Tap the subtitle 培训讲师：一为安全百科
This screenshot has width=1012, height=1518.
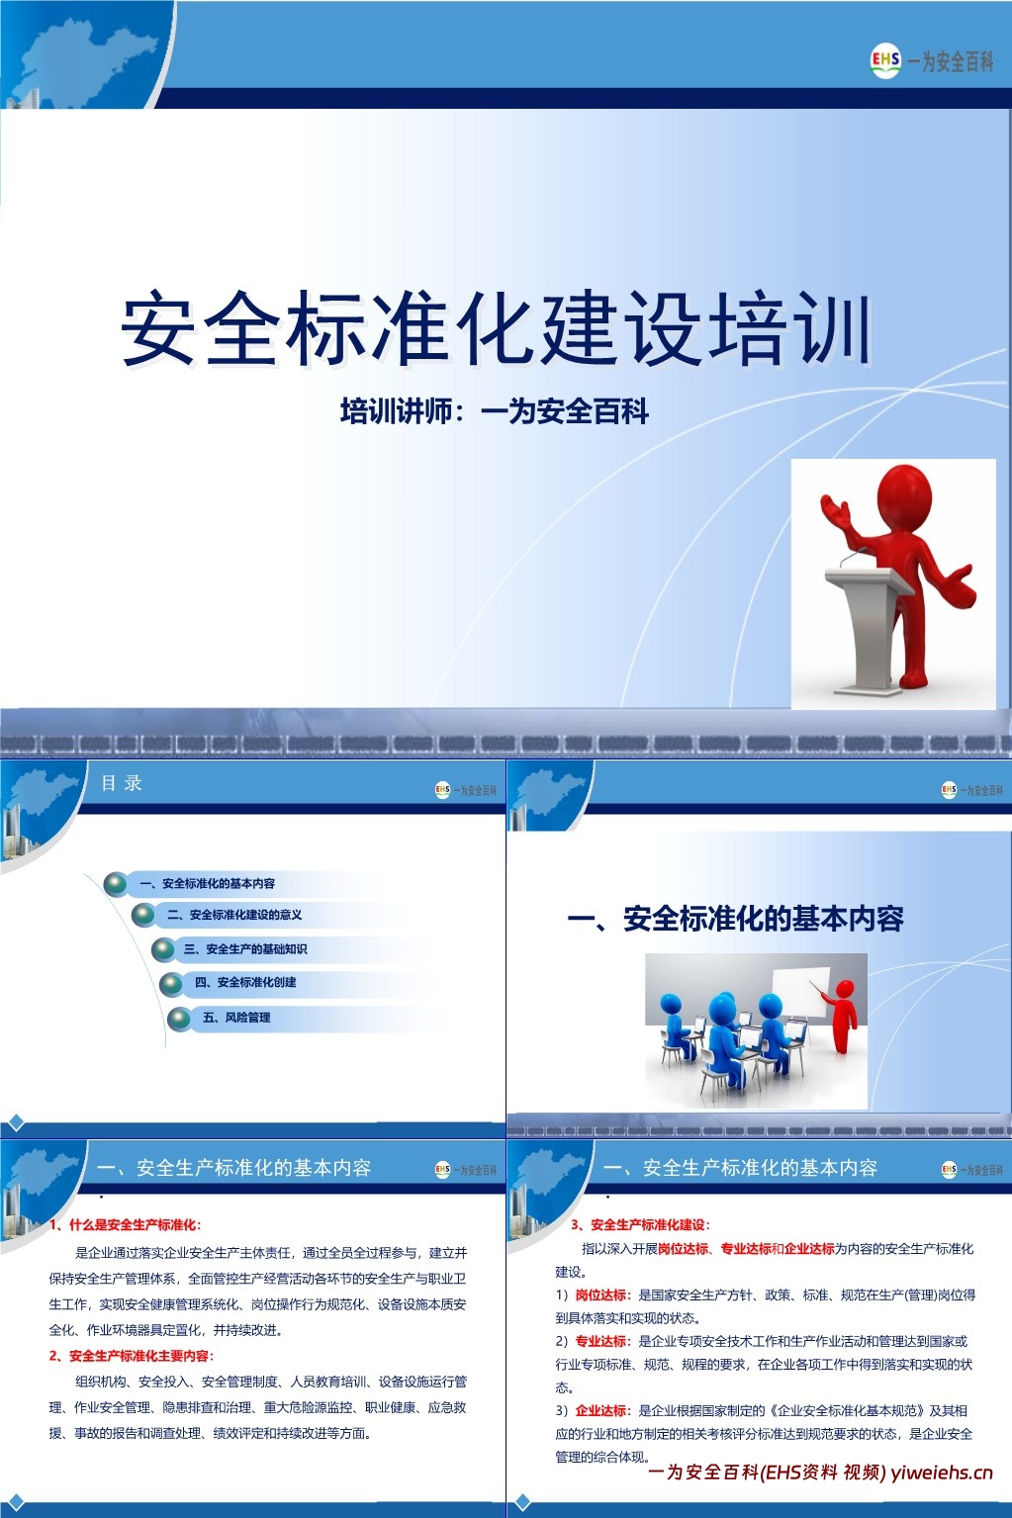[494, 411]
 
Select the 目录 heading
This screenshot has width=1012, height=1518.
[122, 783]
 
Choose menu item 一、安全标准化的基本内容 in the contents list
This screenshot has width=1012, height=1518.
[207, 883]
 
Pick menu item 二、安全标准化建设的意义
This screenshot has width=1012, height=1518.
[234, 915]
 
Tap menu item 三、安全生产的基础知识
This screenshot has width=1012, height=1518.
[244, 949]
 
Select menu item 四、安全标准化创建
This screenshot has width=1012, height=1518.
[245, 982]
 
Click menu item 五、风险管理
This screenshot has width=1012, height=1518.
[235, 1017]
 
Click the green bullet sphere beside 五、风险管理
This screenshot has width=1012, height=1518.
[179, 1018]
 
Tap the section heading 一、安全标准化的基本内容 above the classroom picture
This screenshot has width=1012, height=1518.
[735, 919]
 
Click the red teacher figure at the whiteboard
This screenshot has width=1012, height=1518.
[843, 1014]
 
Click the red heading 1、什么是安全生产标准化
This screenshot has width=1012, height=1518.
[126, 1224]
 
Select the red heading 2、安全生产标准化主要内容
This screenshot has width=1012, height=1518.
[132, 1356]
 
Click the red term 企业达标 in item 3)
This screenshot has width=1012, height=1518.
[601, 1410]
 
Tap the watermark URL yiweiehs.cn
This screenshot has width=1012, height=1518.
[941, 1473]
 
